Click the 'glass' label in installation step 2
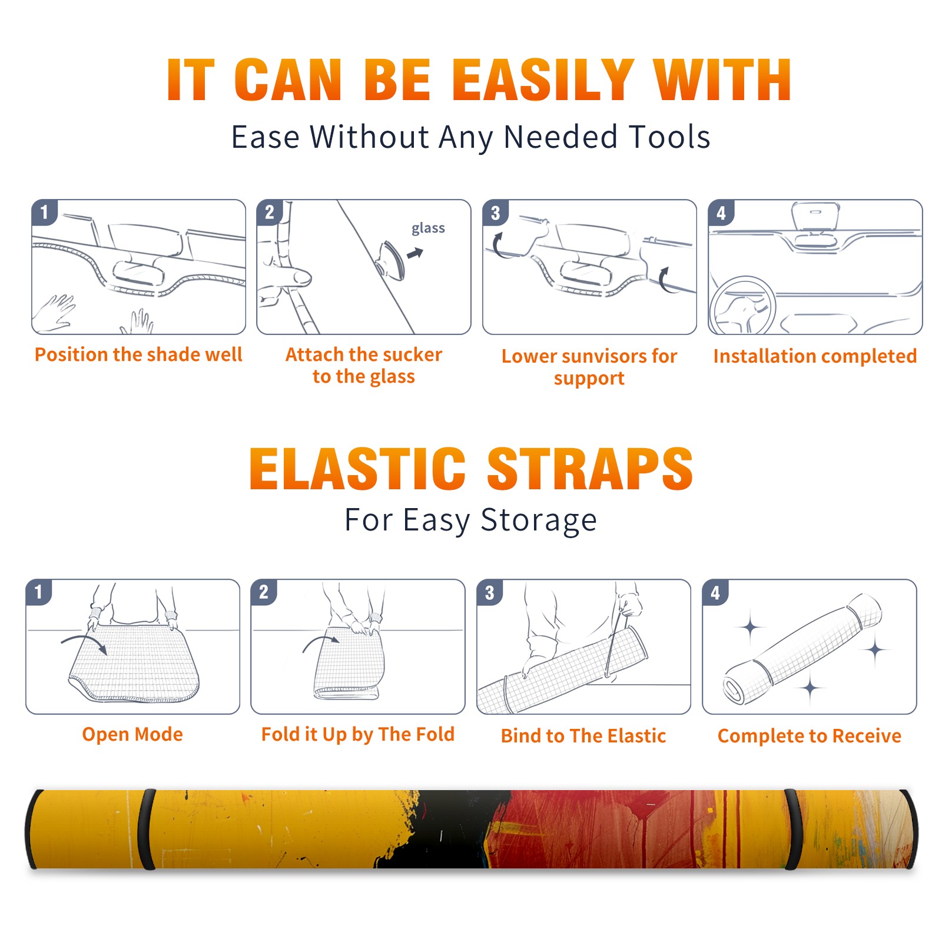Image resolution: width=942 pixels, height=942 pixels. click(428, 228)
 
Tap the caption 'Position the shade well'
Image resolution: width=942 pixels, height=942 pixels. click(138, 354)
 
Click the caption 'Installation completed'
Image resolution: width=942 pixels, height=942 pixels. click(815, 356)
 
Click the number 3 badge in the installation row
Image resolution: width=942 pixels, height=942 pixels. click(495, 213)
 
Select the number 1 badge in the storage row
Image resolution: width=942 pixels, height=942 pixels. click(39, 592)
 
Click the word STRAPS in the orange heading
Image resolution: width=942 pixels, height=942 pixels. click(590, 469)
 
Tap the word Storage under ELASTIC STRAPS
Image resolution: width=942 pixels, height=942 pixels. click(539, 520)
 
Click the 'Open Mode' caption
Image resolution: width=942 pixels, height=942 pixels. click(132, 734)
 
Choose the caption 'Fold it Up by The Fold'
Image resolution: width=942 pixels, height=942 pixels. click(358, 734)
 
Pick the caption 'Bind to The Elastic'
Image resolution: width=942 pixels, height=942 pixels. click(583, 735)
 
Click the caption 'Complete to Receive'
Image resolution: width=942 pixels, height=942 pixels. click(810, 736)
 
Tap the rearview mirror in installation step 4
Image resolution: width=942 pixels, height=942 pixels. click(815, 216)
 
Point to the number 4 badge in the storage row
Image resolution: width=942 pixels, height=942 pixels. click(715, 592)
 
